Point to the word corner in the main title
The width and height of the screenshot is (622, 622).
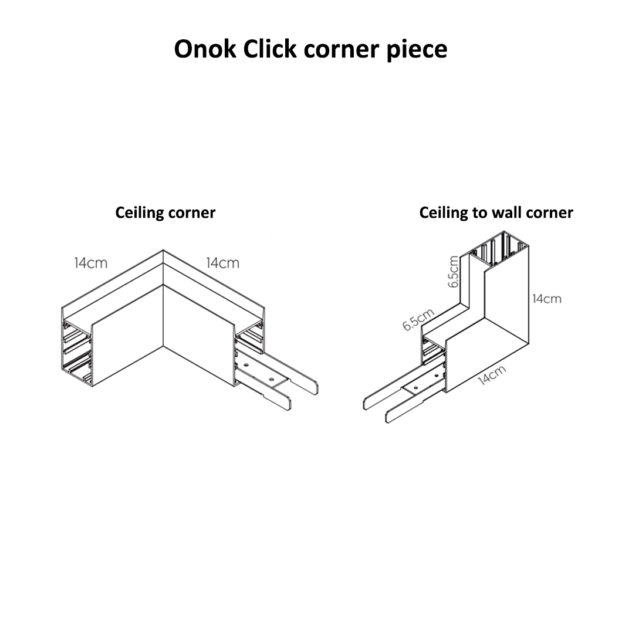(x=340, y=50)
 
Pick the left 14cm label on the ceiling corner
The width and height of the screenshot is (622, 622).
(x=90, y=263)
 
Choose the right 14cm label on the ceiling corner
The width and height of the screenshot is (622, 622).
(x=222, y=263)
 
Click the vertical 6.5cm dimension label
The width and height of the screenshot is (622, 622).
(x=453, y=271)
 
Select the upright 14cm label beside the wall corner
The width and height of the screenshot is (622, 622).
(x=546, y=299)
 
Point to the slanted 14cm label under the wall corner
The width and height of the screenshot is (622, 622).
(x=491, y=375)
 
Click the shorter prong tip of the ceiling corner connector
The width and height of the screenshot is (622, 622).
(x=288, y=404)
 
